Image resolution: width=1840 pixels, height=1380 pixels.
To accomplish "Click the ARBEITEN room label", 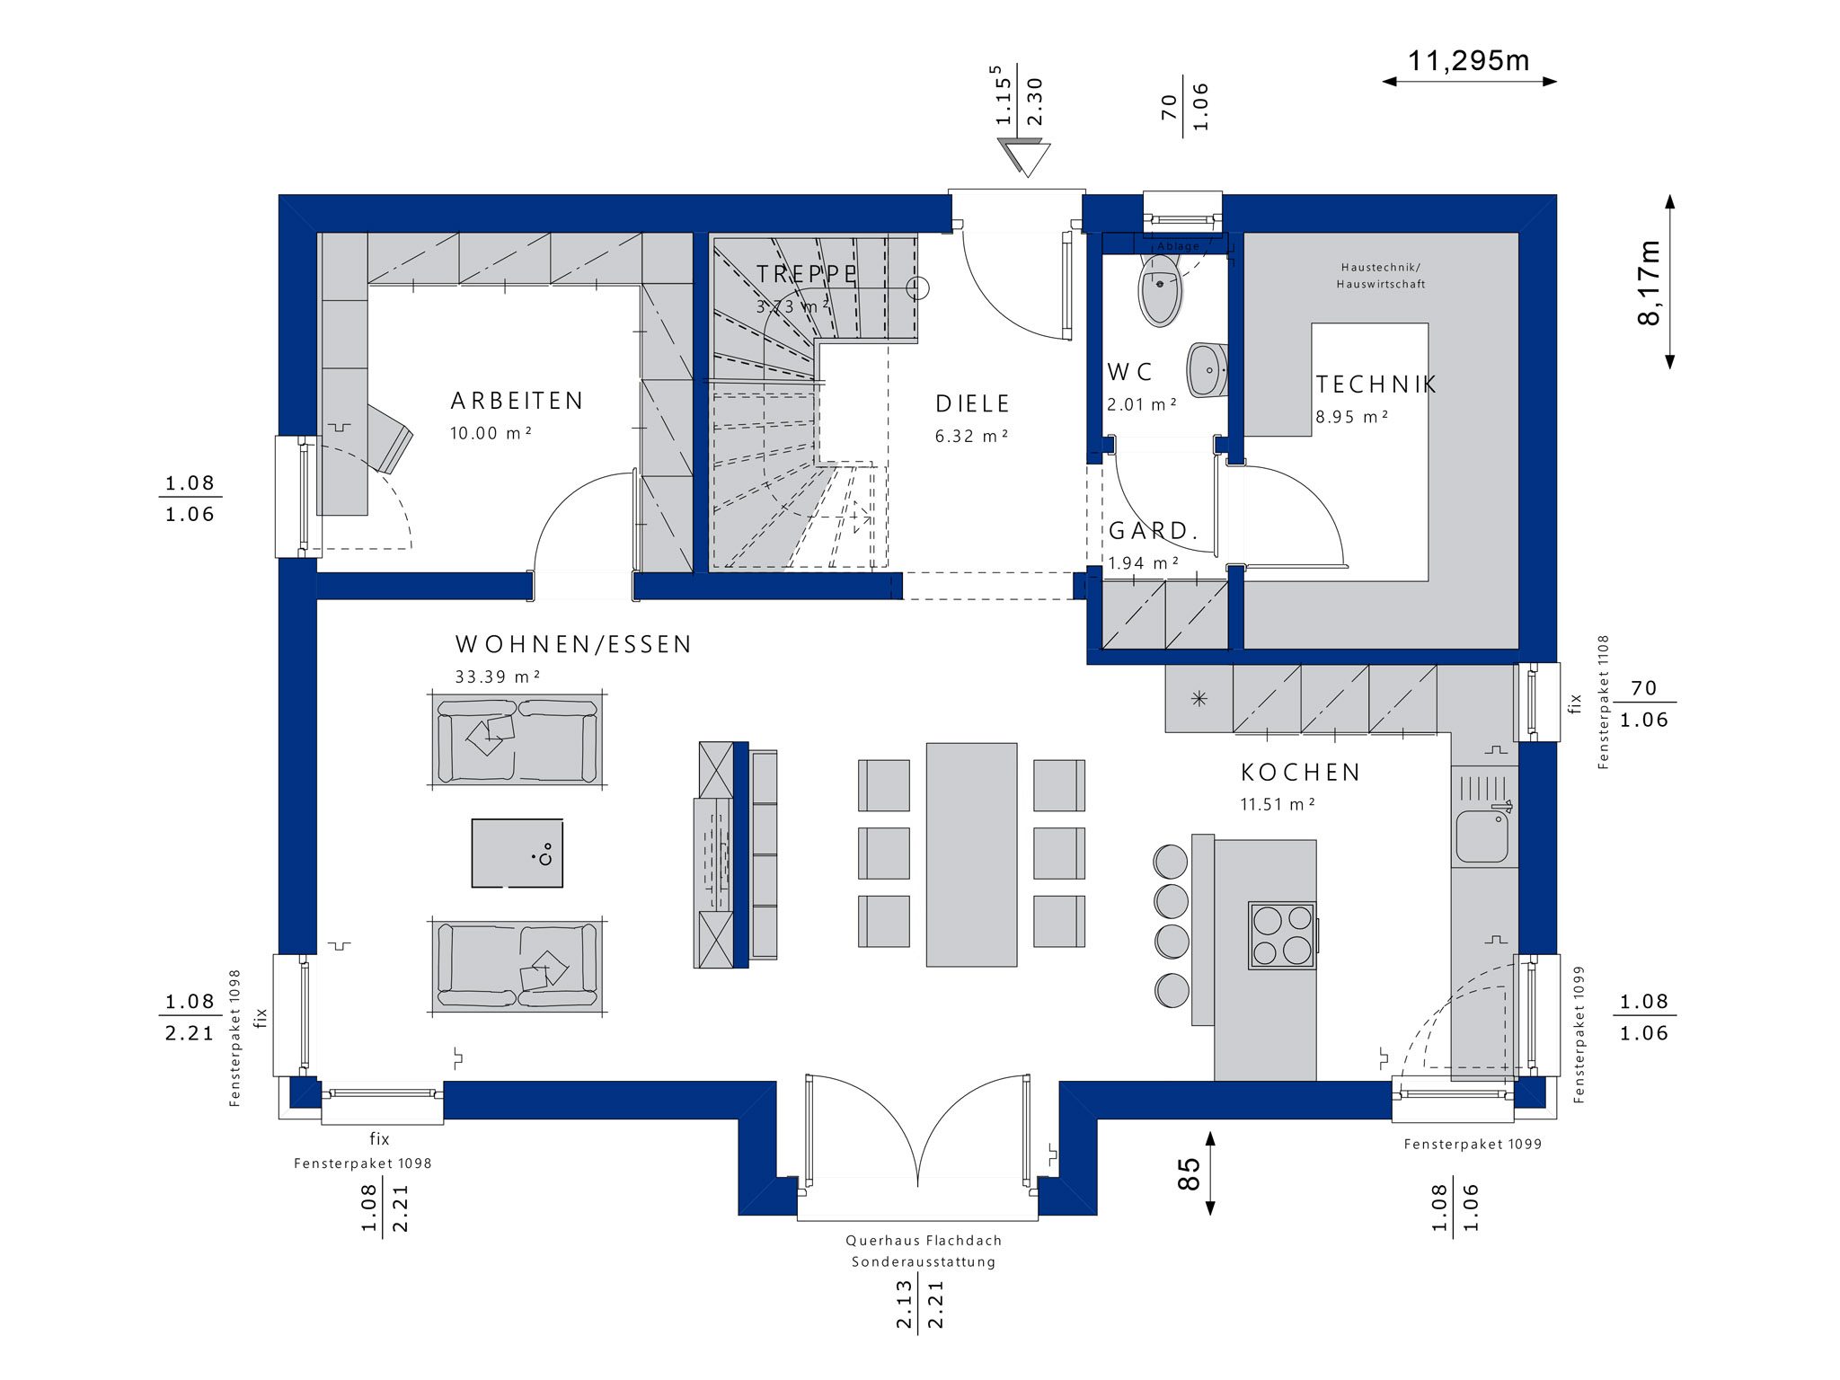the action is pyautogui.click(x=517, y=401).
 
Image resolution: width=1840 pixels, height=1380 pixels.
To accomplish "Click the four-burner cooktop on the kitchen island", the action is pyautogui.click(x=1282, y=935).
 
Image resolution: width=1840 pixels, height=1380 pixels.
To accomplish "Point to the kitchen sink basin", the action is pyautogui.click(x=1482, y=835).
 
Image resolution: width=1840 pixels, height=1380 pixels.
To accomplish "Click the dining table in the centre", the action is pyautogui.click(x=971, y=854).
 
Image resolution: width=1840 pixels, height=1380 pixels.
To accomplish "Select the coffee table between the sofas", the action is pyautogui.click(x=517, y=853).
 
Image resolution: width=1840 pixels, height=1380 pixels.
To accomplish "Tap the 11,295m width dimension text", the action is pyautogui.click(x=1468, y=60).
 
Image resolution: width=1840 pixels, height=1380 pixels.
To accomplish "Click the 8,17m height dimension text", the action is pyautogui.click(x=1650, y=282).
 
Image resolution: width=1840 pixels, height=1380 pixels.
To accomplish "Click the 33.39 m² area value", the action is pyautogui.click(x=498, y=677).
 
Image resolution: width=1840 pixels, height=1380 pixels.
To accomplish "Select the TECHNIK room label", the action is pyautogui.click(x=1376, y=385).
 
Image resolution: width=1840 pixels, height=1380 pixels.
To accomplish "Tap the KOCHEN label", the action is pyautogui.click(x=1301, y=773).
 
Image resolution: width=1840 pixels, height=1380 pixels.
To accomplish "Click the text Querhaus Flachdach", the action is pyautogui.click(x=924, y=1241).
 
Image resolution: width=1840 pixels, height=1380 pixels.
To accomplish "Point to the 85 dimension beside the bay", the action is pyautogui.click(x=1188, y=1173).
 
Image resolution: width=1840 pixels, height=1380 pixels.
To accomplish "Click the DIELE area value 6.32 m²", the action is pyautogui.click(x=971, y=437).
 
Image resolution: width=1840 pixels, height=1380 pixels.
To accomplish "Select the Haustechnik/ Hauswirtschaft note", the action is pyautogui.click(x=1380, y=276).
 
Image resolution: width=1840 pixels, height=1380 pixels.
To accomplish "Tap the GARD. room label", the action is pyautogui.click(x=1154, y=531).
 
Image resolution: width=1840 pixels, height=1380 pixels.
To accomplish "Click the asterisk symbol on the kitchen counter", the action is pyautogui.click(x=1199, y=699).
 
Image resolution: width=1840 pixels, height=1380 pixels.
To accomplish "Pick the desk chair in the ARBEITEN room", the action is pyautogui.click(x=388, y=437).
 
